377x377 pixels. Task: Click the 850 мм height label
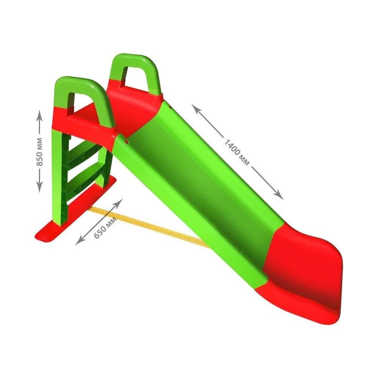pos(40,152)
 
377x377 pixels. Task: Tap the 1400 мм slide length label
pos(237,152)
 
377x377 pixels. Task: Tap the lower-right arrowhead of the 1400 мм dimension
pos(278,194)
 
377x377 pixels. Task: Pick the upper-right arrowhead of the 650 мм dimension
pos(119,203)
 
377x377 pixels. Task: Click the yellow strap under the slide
pos(148,226)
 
